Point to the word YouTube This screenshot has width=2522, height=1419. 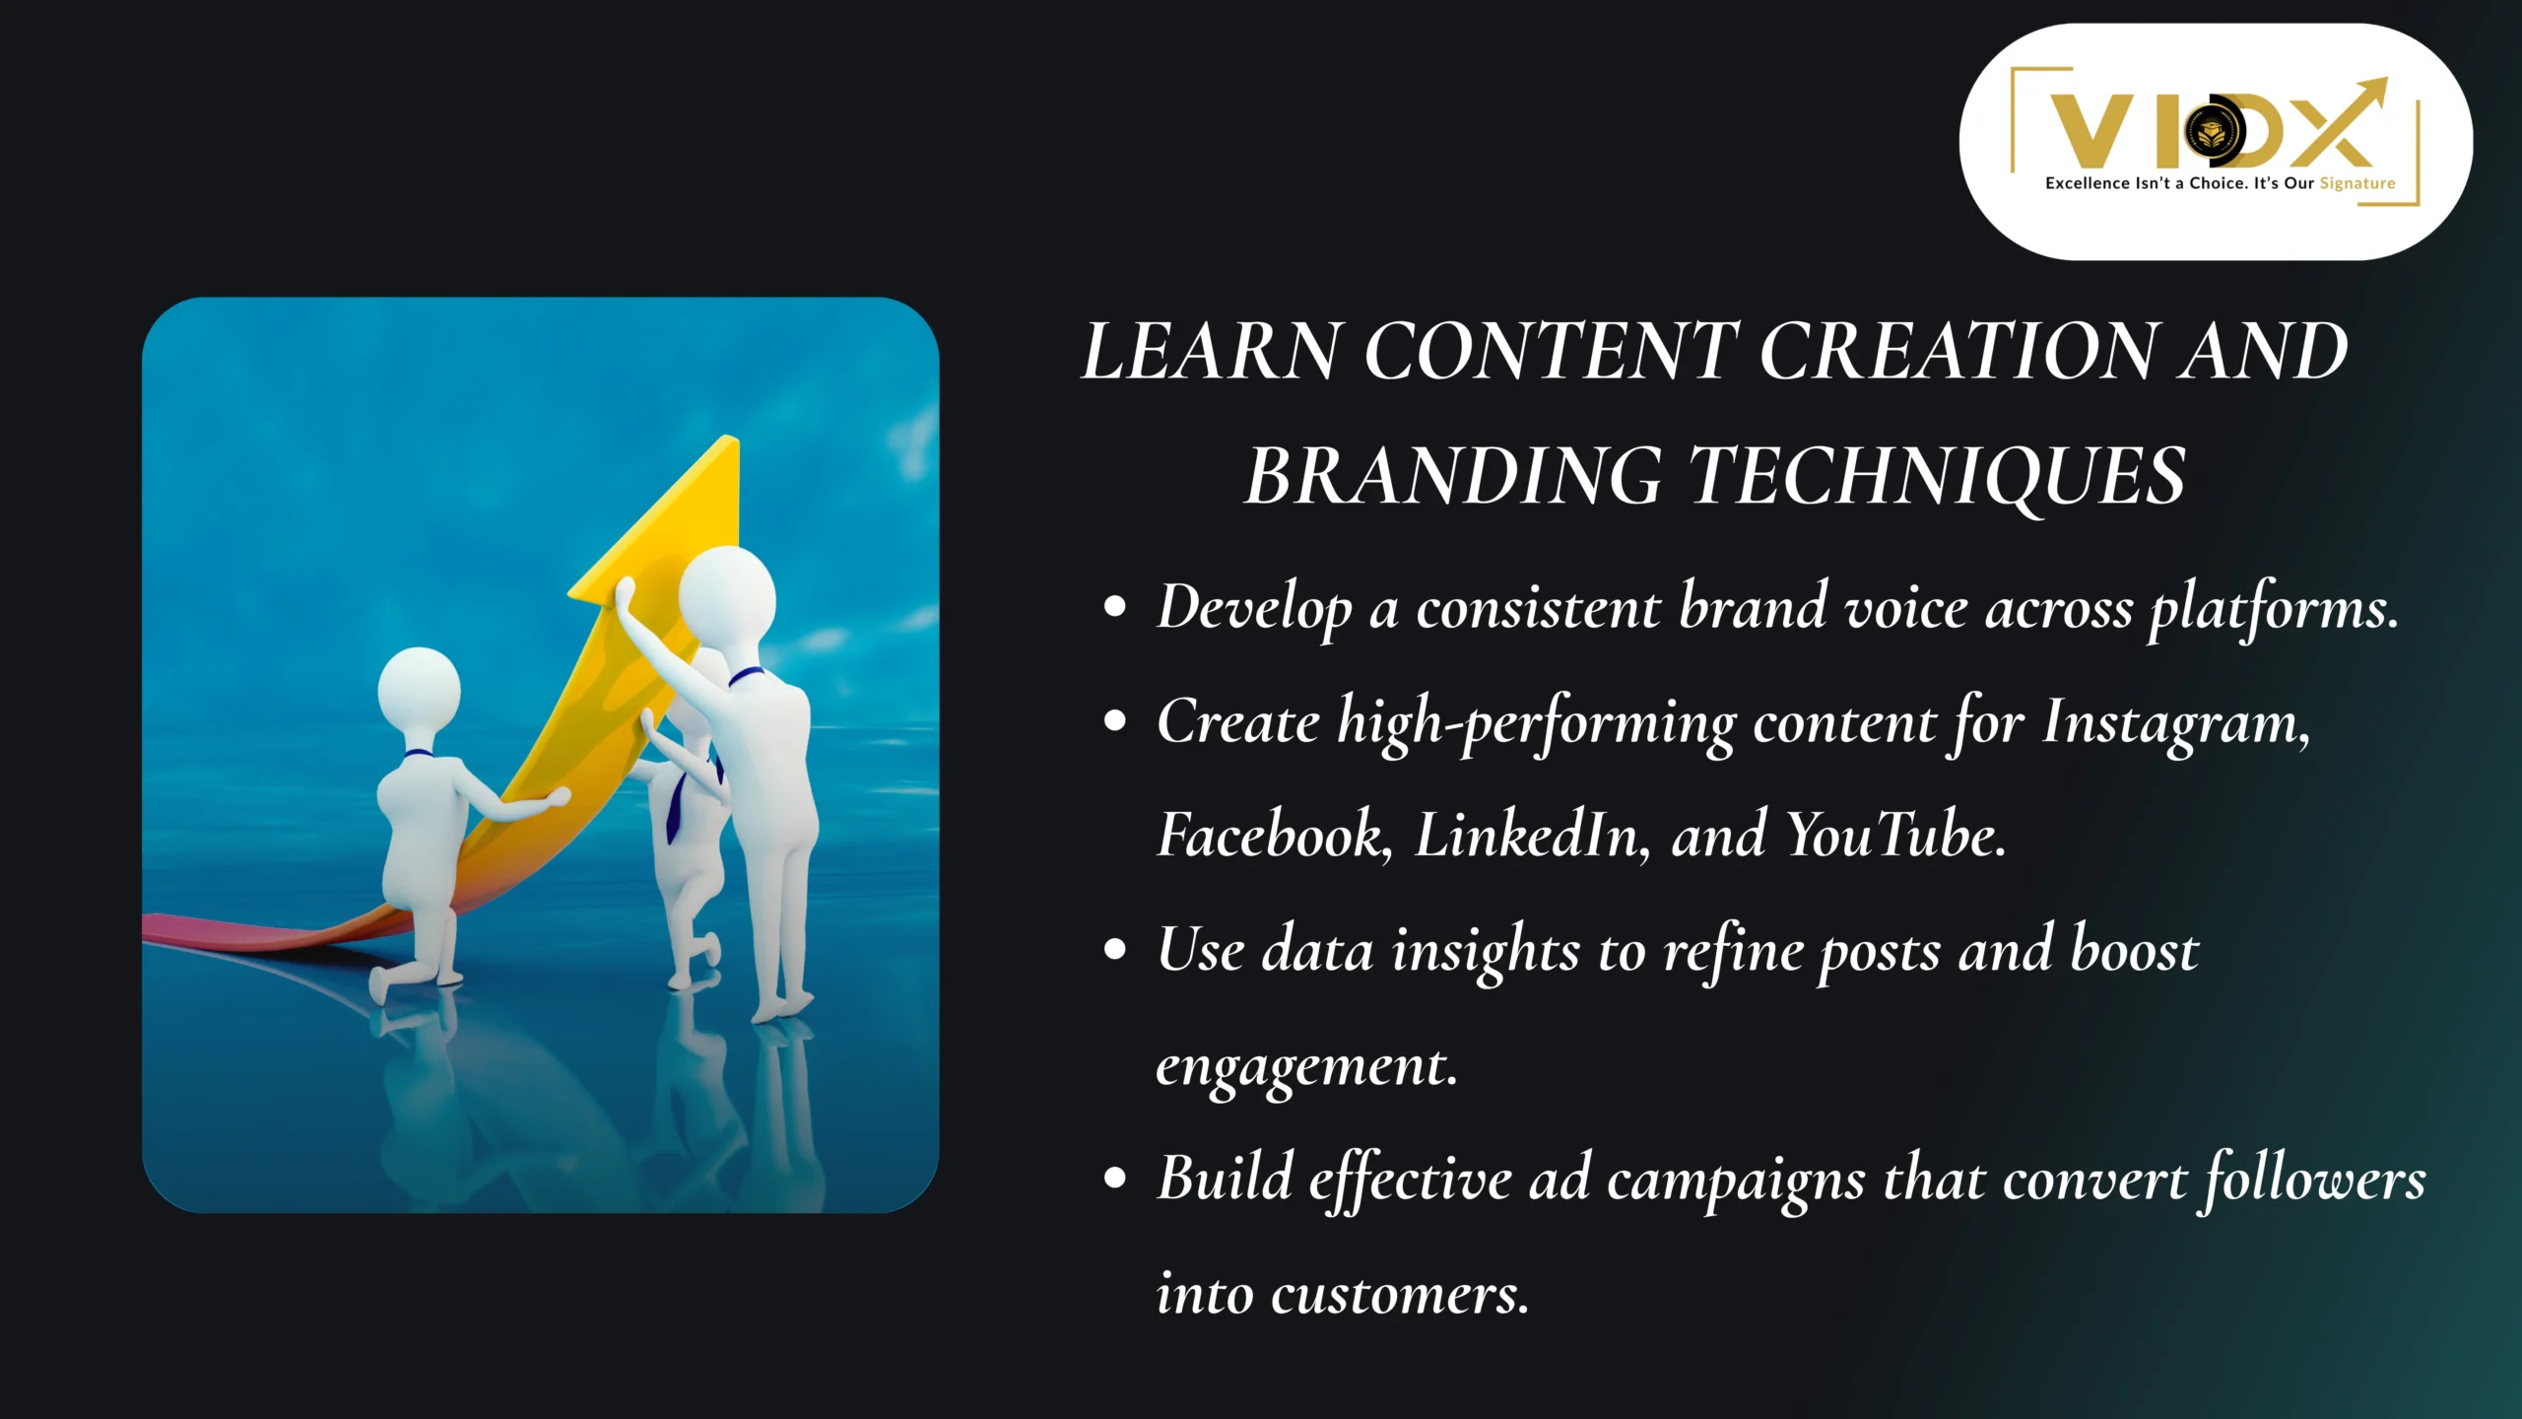coord(1895,836)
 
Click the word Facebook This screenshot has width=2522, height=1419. coord(1274,836)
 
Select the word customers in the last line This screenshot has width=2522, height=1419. coord(1400,1295)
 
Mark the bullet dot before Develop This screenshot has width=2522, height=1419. coord(1115,608)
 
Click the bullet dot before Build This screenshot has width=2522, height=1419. coord(1115,1179)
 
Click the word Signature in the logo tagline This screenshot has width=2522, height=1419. coord(2356,183)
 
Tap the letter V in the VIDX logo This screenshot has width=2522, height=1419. coord(2091,131)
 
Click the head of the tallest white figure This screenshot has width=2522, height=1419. coord(727,594)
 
